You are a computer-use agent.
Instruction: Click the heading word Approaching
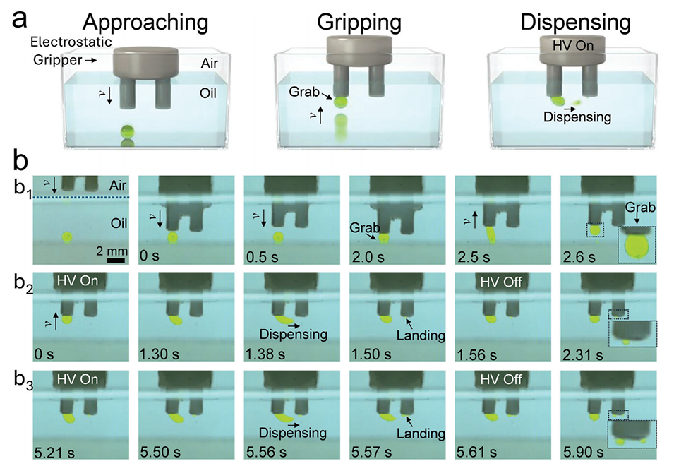pos(145,23)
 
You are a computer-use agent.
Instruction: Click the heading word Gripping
pos(359,23)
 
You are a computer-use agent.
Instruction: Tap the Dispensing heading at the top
pos(576,23)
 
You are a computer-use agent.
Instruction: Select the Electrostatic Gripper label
pos(71,51)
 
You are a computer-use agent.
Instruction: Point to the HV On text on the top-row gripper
pos(573,45)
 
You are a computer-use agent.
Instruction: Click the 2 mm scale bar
pos(116,260)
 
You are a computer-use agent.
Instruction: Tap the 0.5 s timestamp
pos(263,256)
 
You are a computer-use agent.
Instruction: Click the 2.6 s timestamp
pos(579,256)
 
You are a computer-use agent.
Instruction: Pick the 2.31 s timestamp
pos(583,354)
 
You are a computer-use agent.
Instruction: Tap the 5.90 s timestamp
pos(583,453)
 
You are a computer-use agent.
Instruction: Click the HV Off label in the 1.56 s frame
pos(501,282)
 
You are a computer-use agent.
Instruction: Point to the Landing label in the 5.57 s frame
pos(421,434)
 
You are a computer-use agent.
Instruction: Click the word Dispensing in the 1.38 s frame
pos(294,334)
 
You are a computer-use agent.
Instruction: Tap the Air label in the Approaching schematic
pos(210,64)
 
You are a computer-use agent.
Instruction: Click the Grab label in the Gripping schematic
pos(304,92)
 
